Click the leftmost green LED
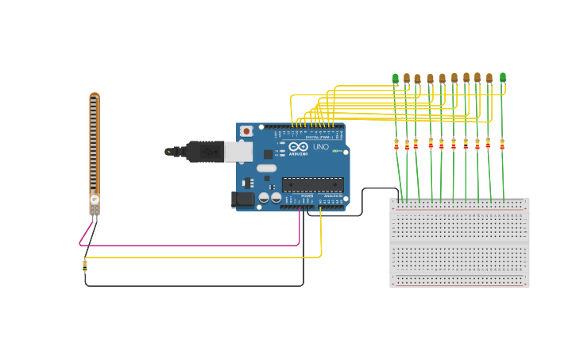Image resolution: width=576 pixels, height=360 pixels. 395,78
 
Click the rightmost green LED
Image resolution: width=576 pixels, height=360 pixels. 503,77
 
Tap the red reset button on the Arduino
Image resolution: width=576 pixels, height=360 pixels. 246,131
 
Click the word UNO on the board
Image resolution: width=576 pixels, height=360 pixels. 321,147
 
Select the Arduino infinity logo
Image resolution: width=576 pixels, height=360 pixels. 298,146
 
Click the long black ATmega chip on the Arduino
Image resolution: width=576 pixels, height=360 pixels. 313,184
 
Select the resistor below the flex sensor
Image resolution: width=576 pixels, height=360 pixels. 85,266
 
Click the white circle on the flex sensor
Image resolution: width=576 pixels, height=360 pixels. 94,199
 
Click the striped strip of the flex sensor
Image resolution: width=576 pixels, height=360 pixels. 94,143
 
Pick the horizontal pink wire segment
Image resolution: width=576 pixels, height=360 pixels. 191,245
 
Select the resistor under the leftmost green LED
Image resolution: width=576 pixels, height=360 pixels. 396,144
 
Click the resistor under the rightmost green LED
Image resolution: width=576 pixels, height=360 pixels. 502,144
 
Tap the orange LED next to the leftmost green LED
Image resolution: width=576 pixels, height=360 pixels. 407,78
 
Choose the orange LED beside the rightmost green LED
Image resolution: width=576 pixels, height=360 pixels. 489,78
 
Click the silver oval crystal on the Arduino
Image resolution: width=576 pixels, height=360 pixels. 266,168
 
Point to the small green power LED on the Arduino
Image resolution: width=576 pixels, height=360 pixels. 336,151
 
